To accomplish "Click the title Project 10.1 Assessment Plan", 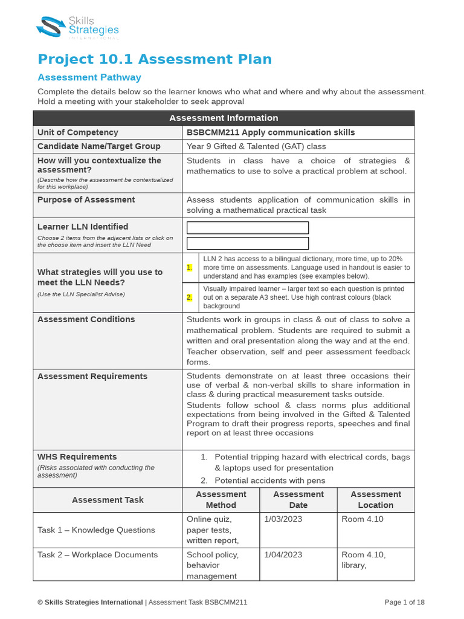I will (x=155, y=59).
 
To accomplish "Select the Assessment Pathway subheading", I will (x=89, y=77).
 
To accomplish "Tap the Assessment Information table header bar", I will (x=224, y=118).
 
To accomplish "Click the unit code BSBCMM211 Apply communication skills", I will (x=271, y=132).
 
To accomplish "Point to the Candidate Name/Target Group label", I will (x=99, y=146).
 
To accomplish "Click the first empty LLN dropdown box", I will (x=248, y=228).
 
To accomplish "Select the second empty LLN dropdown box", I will (x=248, y=243).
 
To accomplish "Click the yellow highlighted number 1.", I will (x=190, y=268).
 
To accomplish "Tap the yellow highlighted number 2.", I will (x=190, y=297).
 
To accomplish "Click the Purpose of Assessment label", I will (x=86, y=199).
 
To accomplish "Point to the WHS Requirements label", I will (x=77, y=457).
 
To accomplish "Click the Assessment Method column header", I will (x=221, y=500).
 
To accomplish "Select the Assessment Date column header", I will (x=298, y=500).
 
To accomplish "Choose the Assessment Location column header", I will (x=376, y=500).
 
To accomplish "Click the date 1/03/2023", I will (x=283, y=519).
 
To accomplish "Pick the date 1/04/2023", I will (x=283, y=555).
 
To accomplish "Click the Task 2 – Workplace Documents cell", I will (x=98, y=555).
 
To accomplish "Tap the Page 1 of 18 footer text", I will (x=405, y=602).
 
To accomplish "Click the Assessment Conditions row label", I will (x=86, y=319).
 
